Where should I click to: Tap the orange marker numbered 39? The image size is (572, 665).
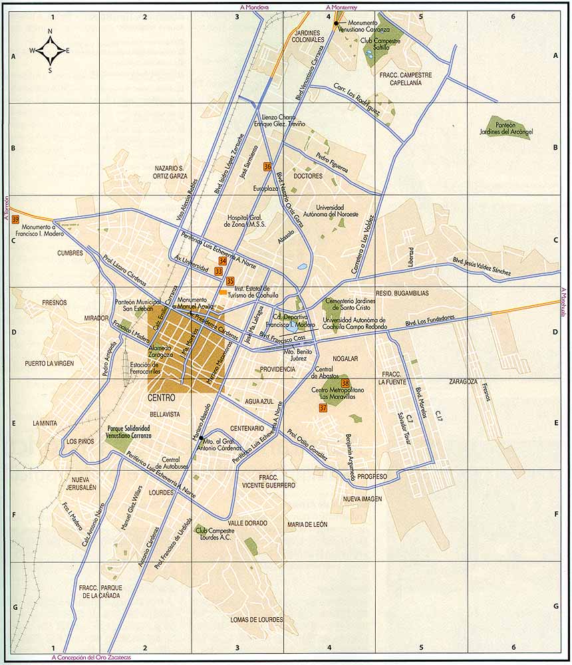point(15,219)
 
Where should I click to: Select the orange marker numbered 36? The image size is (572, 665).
point(267,167)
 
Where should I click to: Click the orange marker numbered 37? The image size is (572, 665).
point(323,408)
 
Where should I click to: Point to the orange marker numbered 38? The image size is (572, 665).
point(345,383)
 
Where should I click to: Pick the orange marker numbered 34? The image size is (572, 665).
point(222,261)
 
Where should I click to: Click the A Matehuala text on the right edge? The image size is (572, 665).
point(563,303)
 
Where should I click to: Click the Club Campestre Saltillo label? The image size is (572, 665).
point(380,45)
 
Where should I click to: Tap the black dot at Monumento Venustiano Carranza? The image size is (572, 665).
point(337,23)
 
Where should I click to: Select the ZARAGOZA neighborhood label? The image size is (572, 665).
point(464,382)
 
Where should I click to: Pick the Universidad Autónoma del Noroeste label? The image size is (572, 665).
point(337,211)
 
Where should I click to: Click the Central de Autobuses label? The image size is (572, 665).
point(171,463)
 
